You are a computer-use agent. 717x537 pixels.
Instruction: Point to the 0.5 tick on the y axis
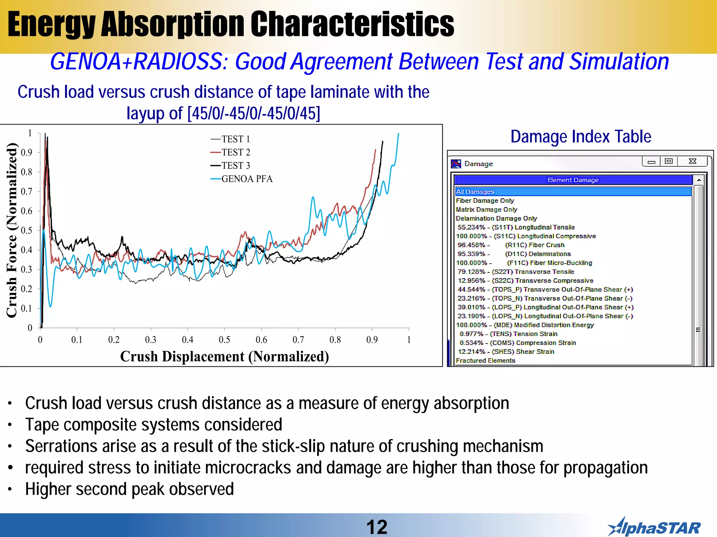tap(27, 230)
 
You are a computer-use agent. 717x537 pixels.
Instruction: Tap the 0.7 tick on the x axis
tap(298, 339)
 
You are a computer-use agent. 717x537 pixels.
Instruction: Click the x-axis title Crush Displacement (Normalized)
tap(224, 357)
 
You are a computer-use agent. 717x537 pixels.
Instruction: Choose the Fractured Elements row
tap(485, 360)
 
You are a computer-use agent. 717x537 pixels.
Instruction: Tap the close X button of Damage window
tap(692, 161)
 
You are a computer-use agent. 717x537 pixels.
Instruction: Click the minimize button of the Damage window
tap(651, 162)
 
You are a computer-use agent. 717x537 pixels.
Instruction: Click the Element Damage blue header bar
tap(573, 180)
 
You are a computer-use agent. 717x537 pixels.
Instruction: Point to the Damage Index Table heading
tap(580, 136)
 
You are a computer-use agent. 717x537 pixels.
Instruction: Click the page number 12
tap(377, 527)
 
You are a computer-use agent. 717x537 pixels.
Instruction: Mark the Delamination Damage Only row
tap(496, 219)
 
